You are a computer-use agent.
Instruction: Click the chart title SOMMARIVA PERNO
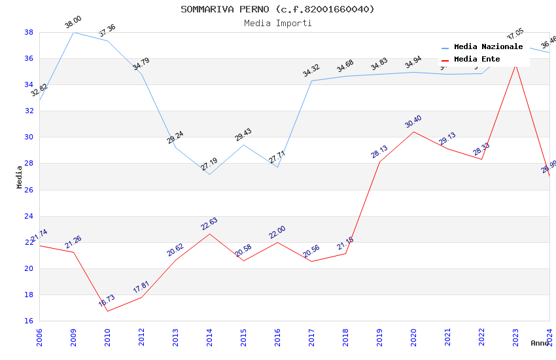coord(277,9)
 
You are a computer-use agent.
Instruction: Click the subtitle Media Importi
coord(277,23)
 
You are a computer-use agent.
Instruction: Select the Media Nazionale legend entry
coord(488,47)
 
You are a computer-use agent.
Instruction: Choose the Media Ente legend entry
coord(477,60)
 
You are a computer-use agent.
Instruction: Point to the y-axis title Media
coord(20,177)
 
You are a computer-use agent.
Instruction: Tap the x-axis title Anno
coord(540,343)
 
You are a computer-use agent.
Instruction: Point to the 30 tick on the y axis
coord(29,137)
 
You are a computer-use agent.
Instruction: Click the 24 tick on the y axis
coord(29,216)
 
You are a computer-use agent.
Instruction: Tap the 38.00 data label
coord(73,24)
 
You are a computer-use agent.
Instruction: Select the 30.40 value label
coord(413,122)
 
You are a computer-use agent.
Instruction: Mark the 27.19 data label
coord(209,164)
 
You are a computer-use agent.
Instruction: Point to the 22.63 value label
coord(209,224)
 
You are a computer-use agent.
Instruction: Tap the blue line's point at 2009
coord(73,32)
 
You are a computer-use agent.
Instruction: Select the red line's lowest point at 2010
coord(107,311)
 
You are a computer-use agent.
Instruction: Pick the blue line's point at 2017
coord(311,81)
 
